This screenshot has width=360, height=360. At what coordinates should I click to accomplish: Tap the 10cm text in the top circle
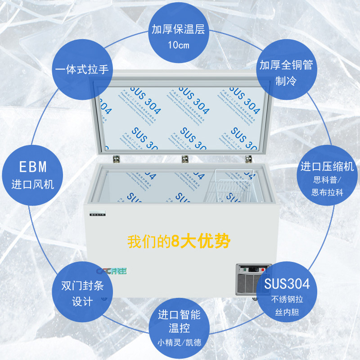click(179, 45)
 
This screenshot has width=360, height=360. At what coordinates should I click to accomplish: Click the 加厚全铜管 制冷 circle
click(286, 72)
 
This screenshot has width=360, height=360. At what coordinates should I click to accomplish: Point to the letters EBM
click(33, 167)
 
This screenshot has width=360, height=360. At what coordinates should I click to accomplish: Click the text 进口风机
click(33, 184)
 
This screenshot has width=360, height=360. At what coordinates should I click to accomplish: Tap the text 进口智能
click(179, 315)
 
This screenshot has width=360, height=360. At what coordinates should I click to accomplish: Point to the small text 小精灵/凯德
click(179, 343)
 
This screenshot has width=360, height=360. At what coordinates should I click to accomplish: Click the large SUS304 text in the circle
click(287, 284)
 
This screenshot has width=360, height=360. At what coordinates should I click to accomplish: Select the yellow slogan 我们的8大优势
click(179, 242)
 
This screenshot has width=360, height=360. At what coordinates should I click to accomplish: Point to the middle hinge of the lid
click(184, 159)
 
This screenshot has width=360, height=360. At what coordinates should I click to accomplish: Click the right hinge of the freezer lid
click(248, 159)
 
